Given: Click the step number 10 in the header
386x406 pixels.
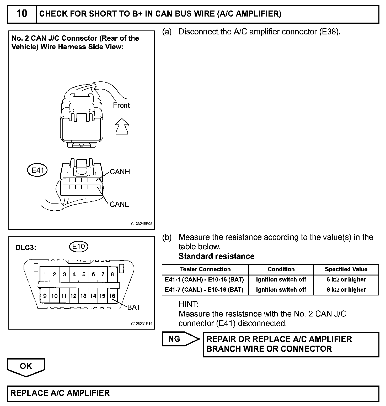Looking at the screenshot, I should coord(22,13).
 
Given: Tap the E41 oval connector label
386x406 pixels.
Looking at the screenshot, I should coord(38,170).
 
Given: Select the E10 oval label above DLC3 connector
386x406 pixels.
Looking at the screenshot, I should coord(79,246).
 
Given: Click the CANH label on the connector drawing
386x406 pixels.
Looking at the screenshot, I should coord(120,172).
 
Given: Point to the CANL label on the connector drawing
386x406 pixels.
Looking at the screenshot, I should coord(119,204).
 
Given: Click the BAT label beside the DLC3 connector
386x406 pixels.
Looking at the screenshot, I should coord(134,307).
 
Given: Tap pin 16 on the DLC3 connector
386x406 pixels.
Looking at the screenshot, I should coord(112,296).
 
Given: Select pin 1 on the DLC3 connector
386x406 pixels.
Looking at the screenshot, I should coord(45,274).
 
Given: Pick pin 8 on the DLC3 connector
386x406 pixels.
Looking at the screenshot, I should coord(112,274).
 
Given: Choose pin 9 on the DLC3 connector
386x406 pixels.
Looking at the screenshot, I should coord(45,296).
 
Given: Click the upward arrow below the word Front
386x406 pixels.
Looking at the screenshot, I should coord(122,126).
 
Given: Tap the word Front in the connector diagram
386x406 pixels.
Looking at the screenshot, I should coord(121,105).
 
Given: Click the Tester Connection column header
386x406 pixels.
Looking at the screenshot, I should coord(205,269).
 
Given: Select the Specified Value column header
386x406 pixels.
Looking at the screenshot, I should coord(346,269).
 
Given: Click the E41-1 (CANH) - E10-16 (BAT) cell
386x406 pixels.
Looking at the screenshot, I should coord(205,280).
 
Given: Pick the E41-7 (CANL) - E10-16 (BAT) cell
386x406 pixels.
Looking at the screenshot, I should coord(204,290).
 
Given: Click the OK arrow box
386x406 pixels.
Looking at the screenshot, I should coord(26,367).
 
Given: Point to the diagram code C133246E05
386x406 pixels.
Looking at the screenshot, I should coord(142,224).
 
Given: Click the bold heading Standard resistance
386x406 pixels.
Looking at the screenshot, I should coord(217,256).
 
